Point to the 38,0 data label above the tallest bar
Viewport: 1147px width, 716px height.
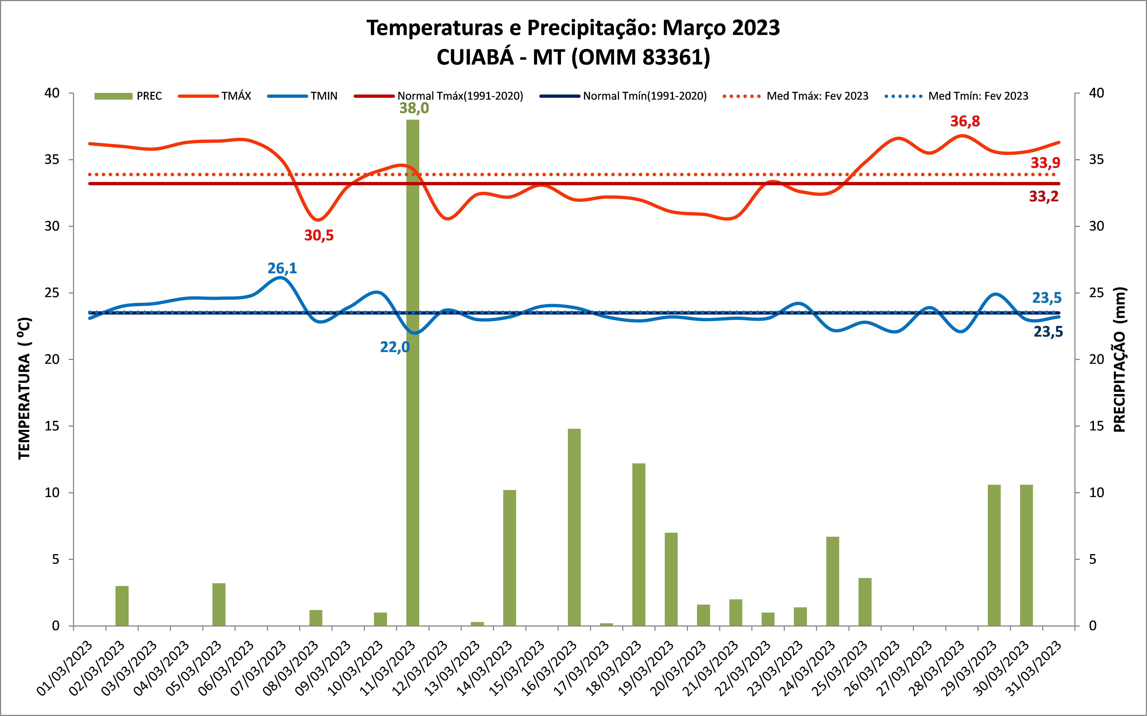414,108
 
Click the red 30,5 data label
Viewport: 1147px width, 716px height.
319,235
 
